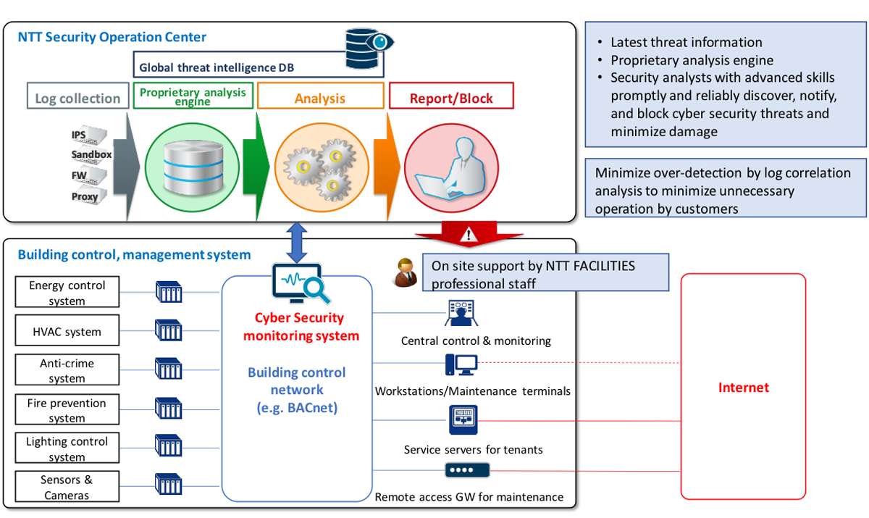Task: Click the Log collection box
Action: [77, 99]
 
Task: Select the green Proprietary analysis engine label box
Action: [193, 96]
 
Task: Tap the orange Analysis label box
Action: [320, 98]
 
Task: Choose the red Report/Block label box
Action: [451, 98]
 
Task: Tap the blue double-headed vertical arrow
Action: [296, 241]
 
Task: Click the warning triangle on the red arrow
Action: [470, 235]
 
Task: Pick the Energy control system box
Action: [67, 293]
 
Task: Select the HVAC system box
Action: [67, 332]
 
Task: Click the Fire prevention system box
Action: [67, 410]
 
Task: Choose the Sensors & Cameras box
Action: [67, 488]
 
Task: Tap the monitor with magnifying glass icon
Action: [299, 285]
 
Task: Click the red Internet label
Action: [743, 388]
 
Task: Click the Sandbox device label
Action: [91, 155]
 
